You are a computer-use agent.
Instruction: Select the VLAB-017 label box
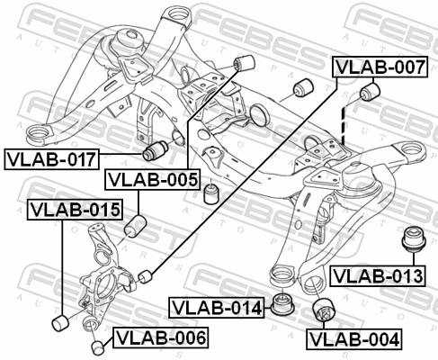pos(49,159)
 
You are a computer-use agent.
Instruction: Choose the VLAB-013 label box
pos(376,274)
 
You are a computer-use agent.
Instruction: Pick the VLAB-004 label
pos(353,339)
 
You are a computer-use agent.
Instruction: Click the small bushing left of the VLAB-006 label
pos(98,346)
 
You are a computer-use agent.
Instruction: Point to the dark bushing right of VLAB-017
pos(158,148)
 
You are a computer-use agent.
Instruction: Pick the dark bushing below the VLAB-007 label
pos(370,94)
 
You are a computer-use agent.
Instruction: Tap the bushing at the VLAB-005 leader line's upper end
pos(242,62)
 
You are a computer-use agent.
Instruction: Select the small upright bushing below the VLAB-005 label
pos(212,193)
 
